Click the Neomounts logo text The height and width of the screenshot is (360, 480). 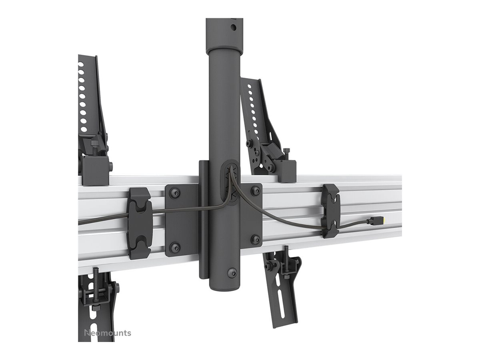(108, 333)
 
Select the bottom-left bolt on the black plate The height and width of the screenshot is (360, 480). (175, 248)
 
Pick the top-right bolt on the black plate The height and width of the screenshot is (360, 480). (255, 191)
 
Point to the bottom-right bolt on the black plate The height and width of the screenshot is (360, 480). (255, 239)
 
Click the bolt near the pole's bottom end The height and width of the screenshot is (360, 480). (232, 272)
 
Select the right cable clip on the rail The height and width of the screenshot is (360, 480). (331, 211)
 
